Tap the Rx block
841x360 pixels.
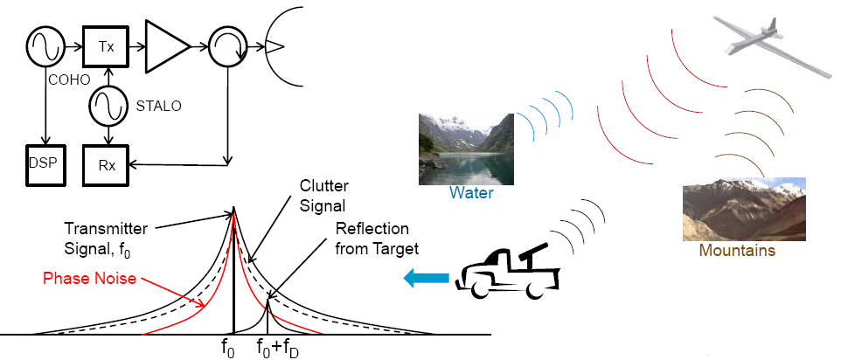click(106, 162)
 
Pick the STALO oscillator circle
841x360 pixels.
click(107, 107)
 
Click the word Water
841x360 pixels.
click(471, 193)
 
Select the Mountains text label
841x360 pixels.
click(736, 251)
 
